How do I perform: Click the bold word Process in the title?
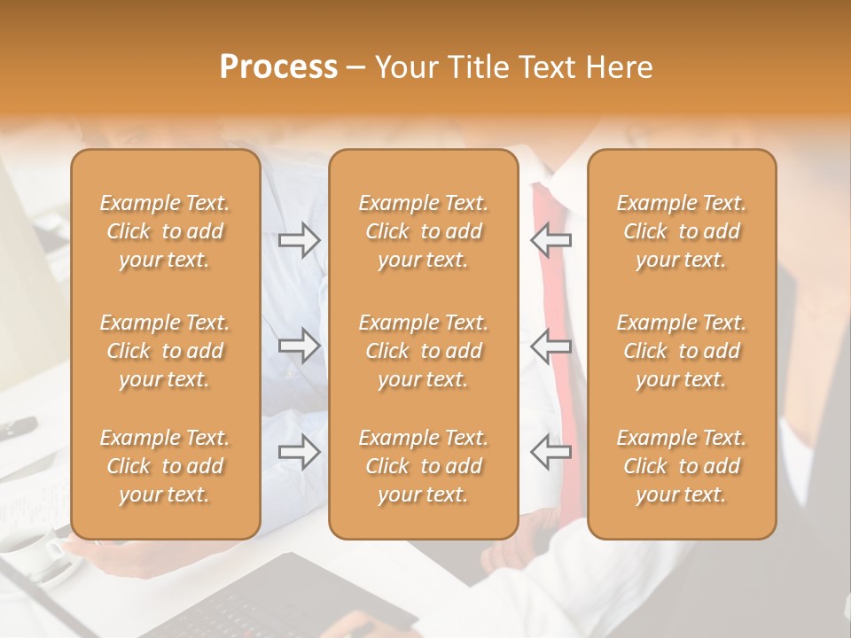click(278, 67)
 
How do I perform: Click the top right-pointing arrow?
click(299, 240)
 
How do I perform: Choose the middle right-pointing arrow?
click(299, 345)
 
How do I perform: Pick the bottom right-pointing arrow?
click(299, 451)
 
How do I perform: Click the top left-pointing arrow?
click(551, 240)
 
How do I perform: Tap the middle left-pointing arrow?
click(551, 345)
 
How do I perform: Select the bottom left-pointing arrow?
click(551, 451)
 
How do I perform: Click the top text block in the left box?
click(165, 231)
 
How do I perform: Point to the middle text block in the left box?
click(165, 351)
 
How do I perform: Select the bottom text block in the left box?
click(165, 466)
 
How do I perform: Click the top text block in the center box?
click(424, 231)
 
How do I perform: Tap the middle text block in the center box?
click(424, 351)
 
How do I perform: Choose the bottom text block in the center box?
click(424, 466)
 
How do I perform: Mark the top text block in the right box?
click(682, 231)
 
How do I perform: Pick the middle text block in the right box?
click(682, 351)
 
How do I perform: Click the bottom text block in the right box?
click(682, 466)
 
